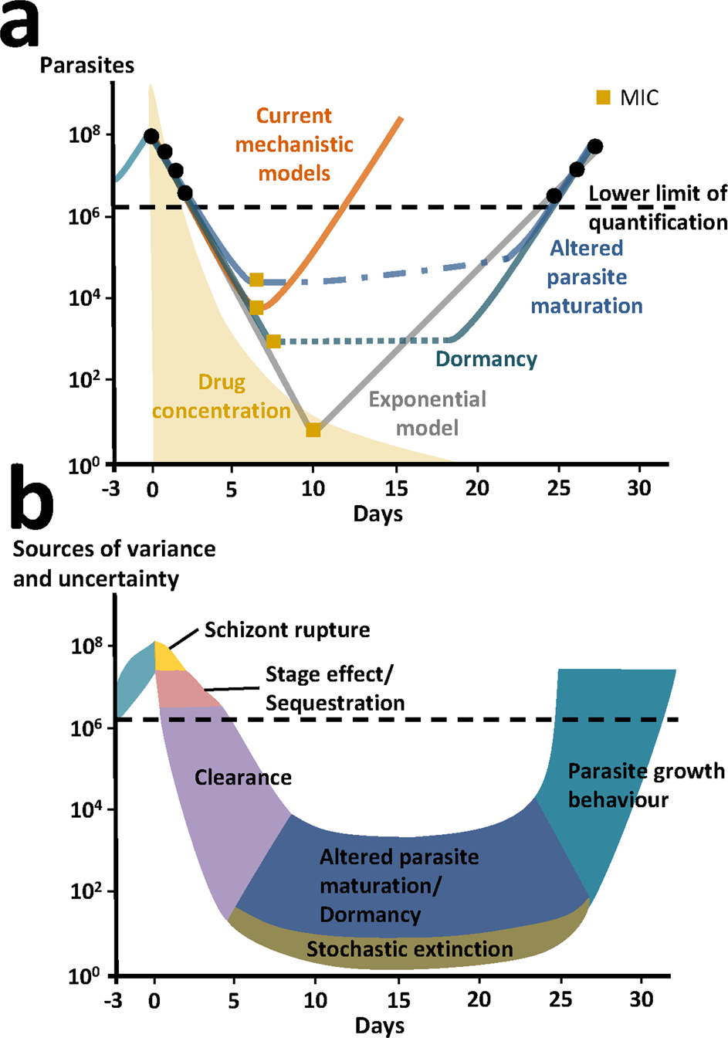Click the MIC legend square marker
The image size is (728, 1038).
(x=603, y=97)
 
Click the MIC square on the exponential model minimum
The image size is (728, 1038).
(x=313, y=430)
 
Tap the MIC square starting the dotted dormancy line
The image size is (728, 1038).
(x=274, y=341)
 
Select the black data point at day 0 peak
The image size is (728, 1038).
(x=151, y=137)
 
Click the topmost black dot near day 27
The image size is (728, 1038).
(x=594, y=147)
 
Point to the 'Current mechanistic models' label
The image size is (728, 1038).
(x=294, y=144)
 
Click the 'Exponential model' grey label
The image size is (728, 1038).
(x=427, y=413)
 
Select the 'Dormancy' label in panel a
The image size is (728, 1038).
(x=486, y=359)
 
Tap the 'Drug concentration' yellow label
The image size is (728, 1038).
(x=222, y=396)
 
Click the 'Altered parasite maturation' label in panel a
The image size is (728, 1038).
(x=587, y=276)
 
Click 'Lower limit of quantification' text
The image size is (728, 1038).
(x=658, y=208)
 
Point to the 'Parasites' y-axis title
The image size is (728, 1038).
(x=86, y=65)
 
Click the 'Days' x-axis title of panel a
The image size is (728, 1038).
(x=378, y=514)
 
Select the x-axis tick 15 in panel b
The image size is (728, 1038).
(x=398, y=999)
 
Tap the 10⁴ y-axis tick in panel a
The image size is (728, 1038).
(x=84, y=298)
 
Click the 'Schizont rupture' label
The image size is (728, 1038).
(x=287, y=630)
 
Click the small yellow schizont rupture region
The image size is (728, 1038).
(x=167, y=658)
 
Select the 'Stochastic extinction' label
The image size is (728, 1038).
(x=409, y=948)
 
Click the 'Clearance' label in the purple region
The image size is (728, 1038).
(x=243, y=777)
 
